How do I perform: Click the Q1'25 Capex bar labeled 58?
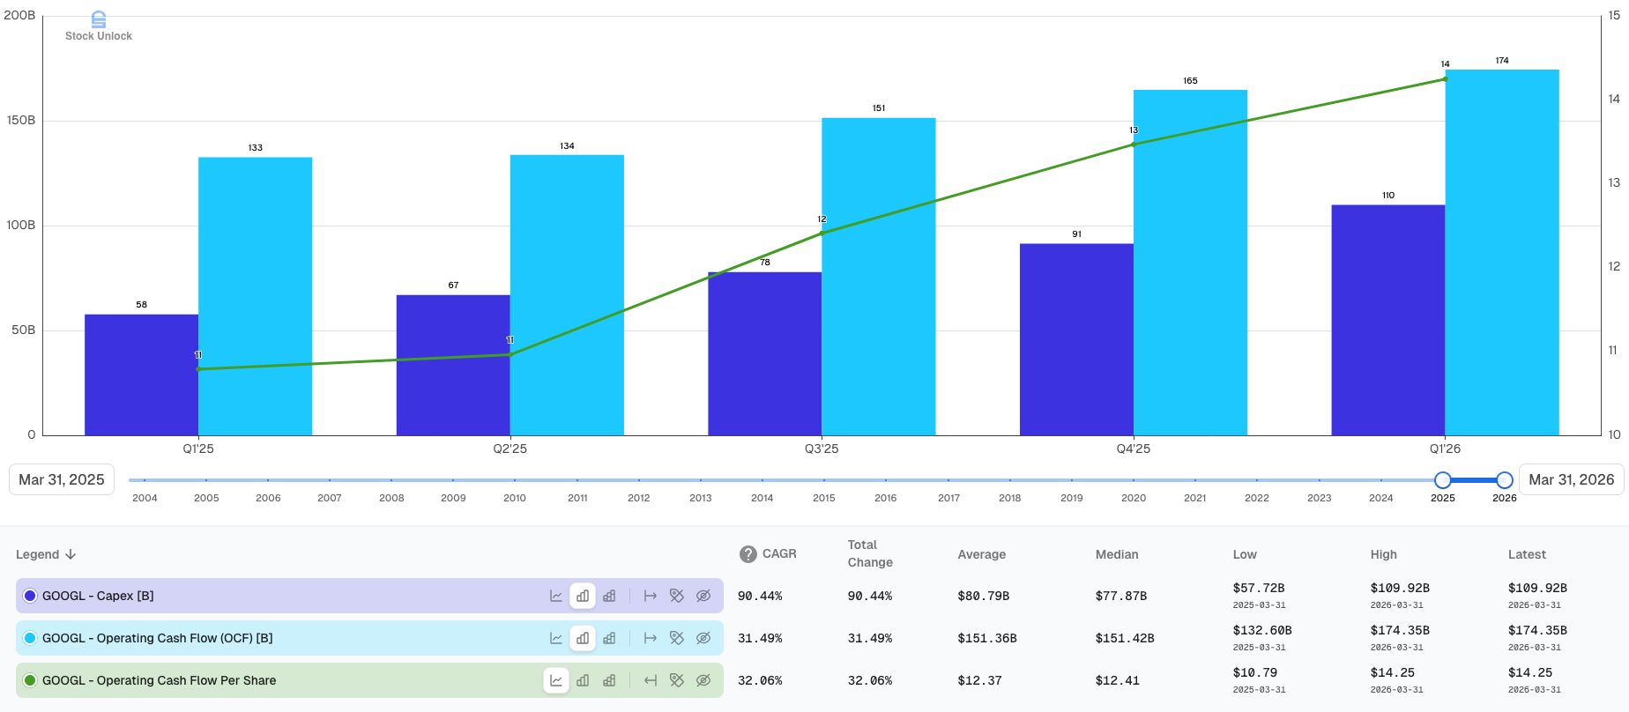coord(141,375)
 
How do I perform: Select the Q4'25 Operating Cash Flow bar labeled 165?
coord(1190,263)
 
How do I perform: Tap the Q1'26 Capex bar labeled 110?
coord(1388,320)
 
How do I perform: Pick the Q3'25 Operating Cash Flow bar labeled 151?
coord(879,277)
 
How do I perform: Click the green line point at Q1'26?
coord(1446,79)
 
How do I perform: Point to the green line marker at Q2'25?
coord(510,354)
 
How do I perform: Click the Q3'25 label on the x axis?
coord(822,449)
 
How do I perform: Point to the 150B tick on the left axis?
coord(21,121)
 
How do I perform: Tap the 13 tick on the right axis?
coord(1614,182)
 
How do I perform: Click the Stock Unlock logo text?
coord(99,36)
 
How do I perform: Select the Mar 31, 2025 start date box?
coord(62,479)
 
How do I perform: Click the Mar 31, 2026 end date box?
coord(1572,479)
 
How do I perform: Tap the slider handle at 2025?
coord(1443,480)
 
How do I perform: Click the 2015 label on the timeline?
coord(824,498)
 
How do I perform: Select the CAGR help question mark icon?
coord(748,554)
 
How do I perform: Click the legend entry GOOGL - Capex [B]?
coord(98,596)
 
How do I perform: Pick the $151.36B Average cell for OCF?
coord(987,638)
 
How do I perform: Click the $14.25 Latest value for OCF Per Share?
coord(1530,672)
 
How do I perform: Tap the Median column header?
coord(1117,554)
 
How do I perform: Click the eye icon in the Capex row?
coord(703,596)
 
